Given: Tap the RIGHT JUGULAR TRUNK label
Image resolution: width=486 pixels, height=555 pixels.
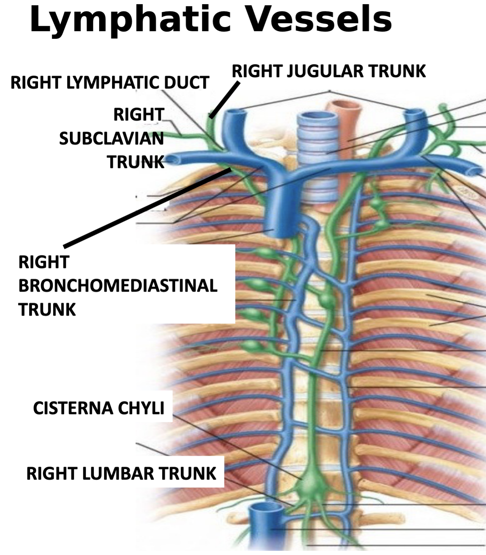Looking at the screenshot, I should [x=329, y=71].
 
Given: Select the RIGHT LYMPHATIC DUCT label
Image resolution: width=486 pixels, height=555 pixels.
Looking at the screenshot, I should [x=110, y=82].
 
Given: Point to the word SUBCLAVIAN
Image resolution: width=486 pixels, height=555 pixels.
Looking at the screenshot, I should [x=111, y=138].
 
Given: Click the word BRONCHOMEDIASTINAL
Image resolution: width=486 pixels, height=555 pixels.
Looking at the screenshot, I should [x=118, y=286].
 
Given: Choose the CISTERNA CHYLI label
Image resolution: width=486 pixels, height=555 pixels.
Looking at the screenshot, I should [x=99, y=408].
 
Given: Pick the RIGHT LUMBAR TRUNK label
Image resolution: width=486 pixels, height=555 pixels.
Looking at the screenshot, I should [x=121, y=474].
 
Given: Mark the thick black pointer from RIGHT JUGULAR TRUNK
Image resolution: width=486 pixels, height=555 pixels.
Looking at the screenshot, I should [x=225, y=100].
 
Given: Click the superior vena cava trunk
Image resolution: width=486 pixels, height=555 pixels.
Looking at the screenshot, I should [x=281, y=213].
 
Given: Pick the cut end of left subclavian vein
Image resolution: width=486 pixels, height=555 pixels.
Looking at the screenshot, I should [x=477, y=170].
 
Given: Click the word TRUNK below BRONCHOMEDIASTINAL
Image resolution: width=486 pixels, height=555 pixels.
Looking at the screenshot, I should [x=47, y=309].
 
